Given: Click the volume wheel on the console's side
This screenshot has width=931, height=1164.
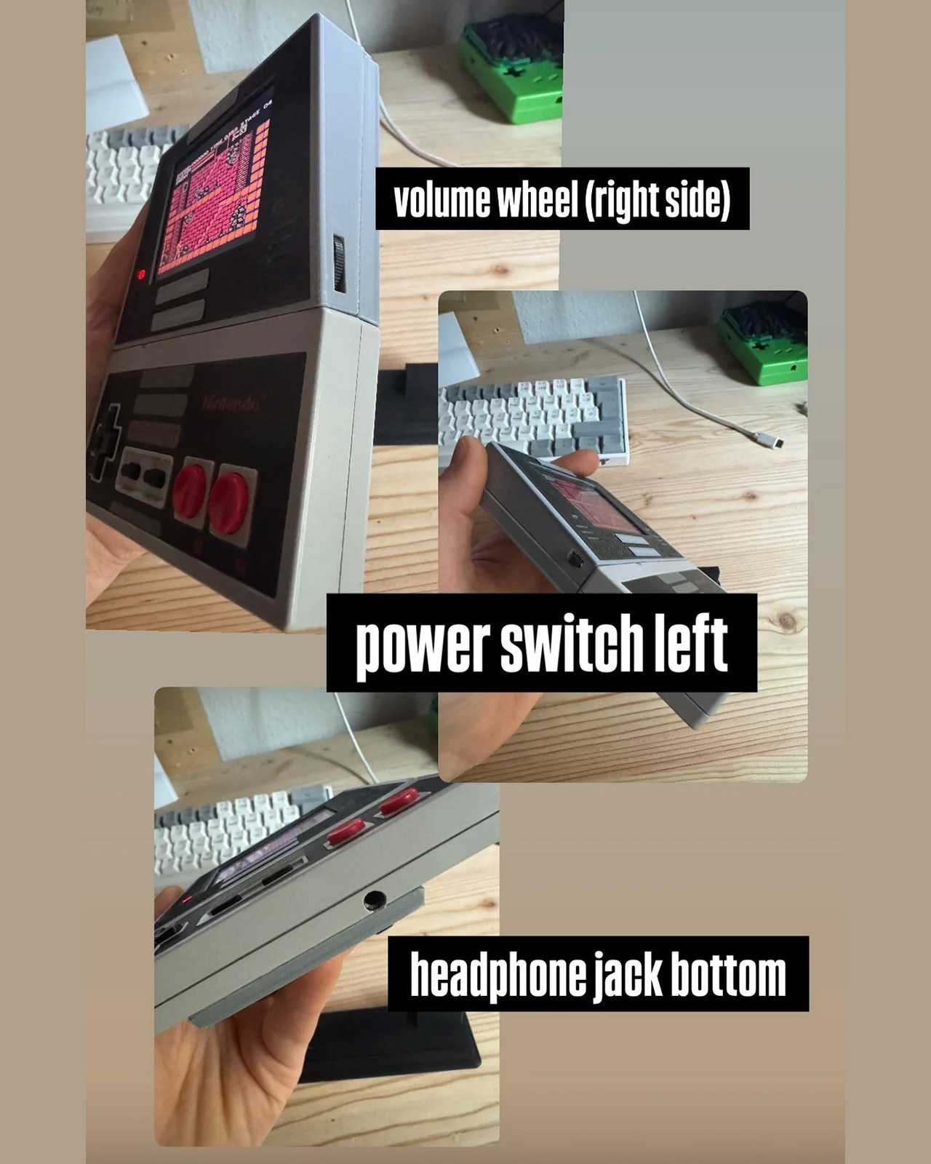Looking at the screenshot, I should pyautogui.click(x=339, y=263).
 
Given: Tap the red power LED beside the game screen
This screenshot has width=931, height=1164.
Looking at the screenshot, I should pyautogui.click(x=141, y=275).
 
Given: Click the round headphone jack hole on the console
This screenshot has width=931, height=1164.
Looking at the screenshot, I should pyautogui.click(x=375, y=899).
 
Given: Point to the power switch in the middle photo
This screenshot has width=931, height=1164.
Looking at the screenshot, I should pyautogui.click(x=574, y=561).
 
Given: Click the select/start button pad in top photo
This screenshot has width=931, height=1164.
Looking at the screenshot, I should pyautogui.click(x=145, y=476).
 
